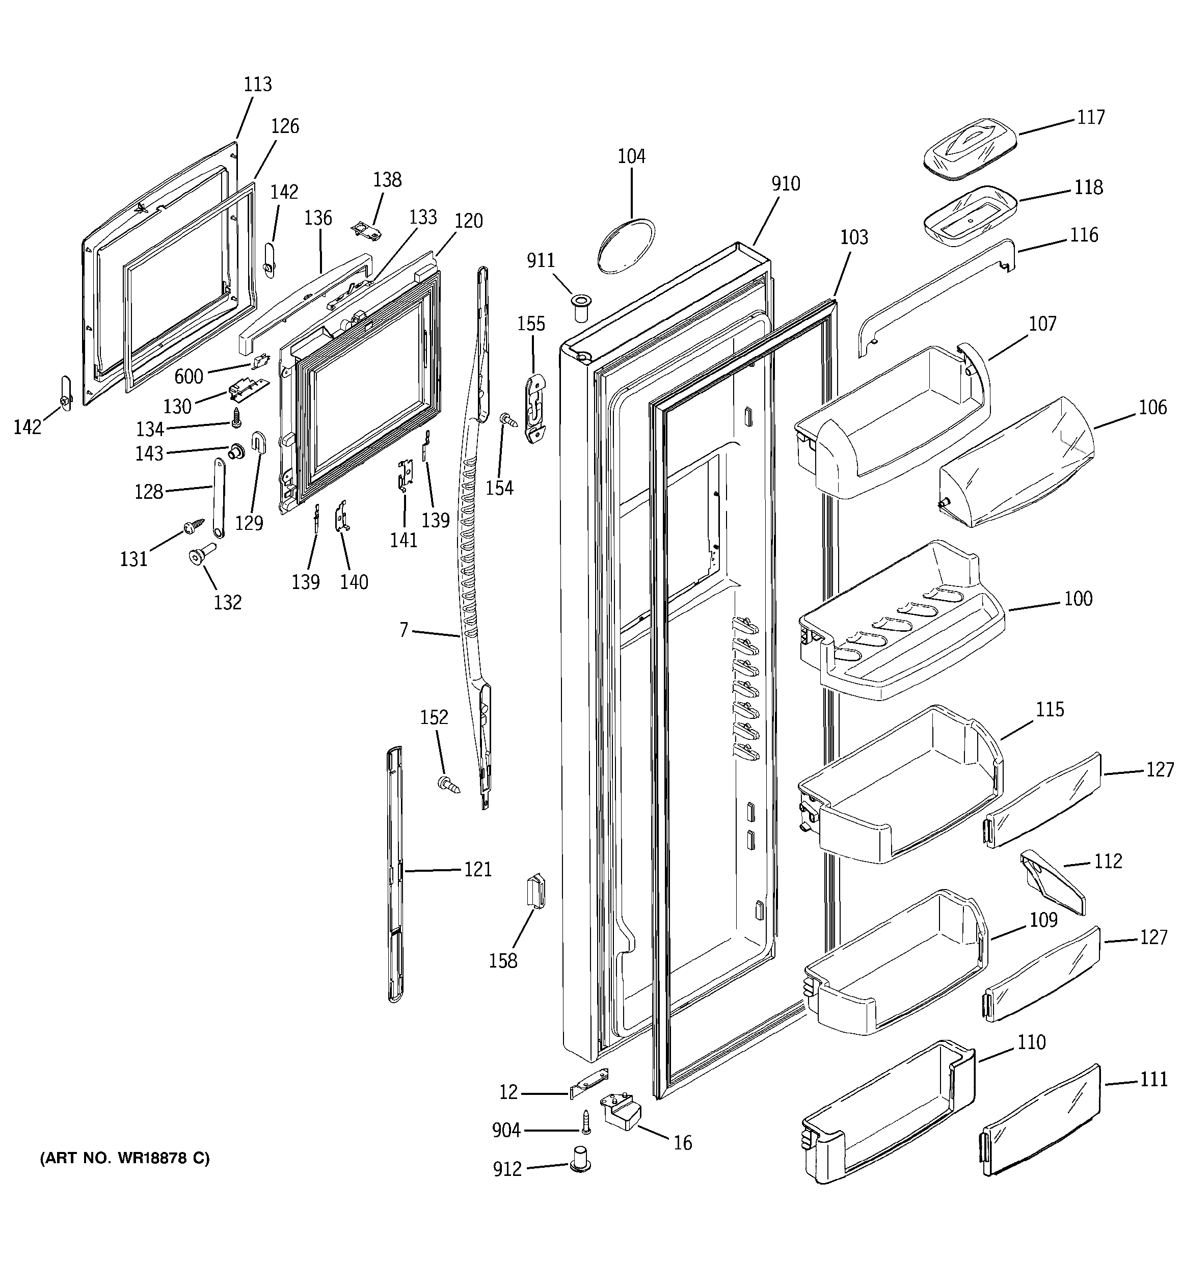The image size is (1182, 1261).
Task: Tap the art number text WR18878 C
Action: point(124,1158)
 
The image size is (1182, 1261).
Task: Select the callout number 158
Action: point(502,961)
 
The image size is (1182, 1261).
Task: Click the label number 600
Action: point(189,377)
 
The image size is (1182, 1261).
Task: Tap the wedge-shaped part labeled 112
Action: point(1053,882)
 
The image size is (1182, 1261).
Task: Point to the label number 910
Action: point(786,184)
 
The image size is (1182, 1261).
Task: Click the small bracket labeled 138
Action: point(367,231)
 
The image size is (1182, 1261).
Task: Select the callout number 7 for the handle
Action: point(404,630)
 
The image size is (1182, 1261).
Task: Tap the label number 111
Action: point(1153,1079)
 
